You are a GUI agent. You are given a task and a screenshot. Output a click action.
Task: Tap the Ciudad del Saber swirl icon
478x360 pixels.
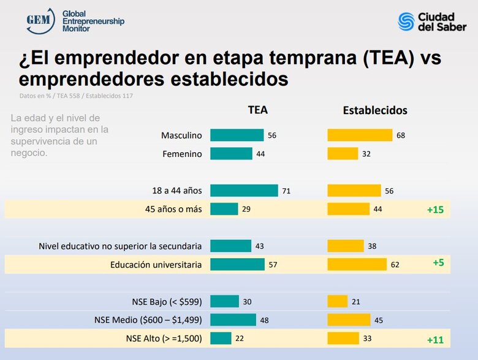406,21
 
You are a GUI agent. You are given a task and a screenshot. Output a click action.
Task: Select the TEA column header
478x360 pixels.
257,110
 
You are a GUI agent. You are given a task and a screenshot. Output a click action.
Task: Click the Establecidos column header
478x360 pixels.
375,111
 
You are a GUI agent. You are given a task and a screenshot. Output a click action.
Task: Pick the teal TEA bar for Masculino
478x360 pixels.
237,136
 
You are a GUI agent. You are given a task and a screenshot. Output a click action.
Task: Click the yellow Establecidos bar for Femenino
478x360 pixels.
343,154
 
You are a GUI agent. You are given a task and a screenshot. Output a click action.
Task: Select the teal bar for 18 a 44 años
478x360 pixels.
244,191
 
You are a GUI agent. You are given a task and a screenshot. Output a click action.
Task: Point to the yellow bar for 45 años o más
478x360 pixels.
348,209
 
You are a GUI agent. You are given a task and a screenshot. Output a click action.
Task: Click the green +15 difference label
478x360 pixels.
435,210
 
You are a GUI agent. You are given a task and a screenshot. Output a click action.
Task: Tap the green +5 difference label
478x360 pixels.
438,262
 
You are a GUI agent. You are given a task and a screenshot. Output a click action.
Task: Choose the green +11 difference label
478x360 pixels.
435,339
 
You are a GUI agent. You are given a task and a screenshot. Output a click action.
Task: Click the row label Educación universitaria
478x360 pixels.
156,265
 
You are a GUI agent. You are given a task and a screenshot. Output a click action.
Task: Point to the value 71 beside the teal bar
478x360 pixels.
286,191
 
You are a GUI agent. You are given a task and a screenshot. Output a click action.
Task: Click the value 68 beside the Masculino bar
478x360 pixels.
401,136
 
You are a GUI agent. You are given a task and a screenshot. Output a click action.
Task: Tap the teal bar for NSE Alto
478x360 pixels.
221,339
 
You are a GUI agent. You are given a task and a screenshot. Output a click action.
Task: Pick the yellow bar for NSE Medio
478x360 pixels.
349,320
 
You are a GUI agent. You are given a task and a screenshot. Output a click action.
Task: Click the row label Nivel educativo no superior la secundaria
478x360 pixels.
120,247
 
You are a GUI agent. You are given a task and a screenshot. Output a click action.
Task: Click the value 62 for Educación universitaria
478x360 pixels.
395,265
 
